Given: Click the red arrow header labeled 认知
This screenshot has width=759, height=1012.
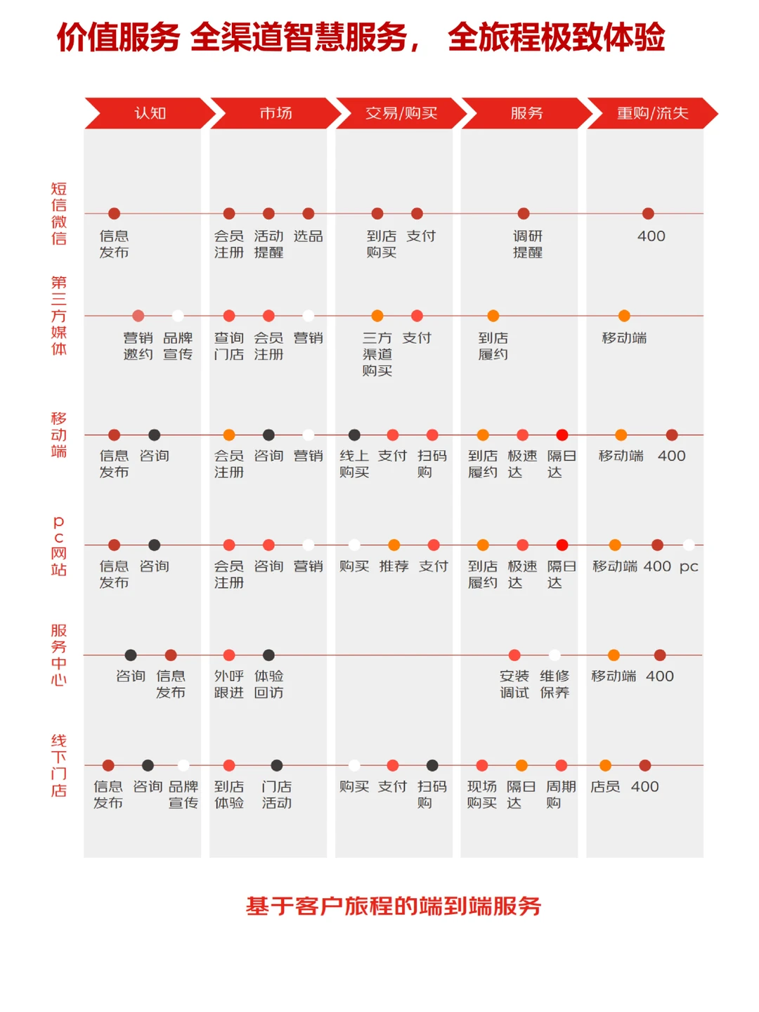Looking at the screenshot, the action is [150, 113].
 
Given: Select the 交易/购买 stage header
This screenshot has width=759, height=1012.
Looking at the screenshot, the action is [401, 113].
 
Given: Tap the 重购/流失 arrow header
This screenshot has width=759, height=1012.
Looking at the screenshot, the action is [652, 113].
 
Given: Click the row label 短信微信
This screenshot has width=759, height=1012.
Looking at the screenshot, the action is [58, 214].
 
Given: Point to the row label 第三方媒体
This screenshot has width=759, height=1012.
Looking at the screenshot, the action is [58, 316].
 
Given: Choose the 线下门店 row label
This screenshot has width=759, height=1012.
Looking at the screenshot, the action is [58, 765].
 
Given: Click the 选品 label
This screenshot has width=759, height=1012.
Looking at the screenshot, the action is [308, 236].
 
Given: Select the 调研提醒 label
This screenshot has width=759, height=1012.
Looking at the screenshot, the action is [528, 244].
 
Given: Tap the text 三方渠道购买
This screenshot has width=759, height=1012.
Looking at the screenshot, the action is [377, 354].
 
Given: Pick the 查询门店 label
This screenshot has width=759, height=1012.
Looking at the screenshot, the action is [229, 346].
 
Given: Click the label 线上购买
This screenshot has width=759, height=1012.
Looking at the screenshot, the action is [354, 464].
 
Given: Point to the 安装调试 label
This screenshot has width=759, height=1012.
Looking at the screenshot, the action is [514, 684].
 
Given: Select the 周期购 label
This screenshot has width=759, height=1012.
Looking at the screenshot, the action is [561, 795].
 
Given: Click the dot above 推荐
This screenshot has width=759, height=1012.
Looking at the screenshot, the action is [394, 545].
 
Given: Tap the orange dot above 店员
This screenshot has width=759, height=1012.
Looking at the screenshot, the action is [605, 765].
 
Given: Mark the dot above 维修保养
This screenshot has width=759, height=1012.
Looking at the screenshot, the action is [554, 655].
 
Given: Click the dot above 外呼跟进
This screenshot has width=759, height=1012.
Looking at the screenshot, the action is [229, 655].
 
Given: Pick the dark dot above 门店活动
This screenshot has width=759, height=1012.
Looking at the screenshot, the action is [276, 765].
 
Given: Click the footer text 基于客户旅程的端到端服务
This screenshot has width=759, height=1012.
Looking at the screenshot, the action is [394, 906].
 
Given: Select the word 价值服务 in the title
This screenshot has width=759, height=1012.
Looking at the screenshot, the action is [118, 37].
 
